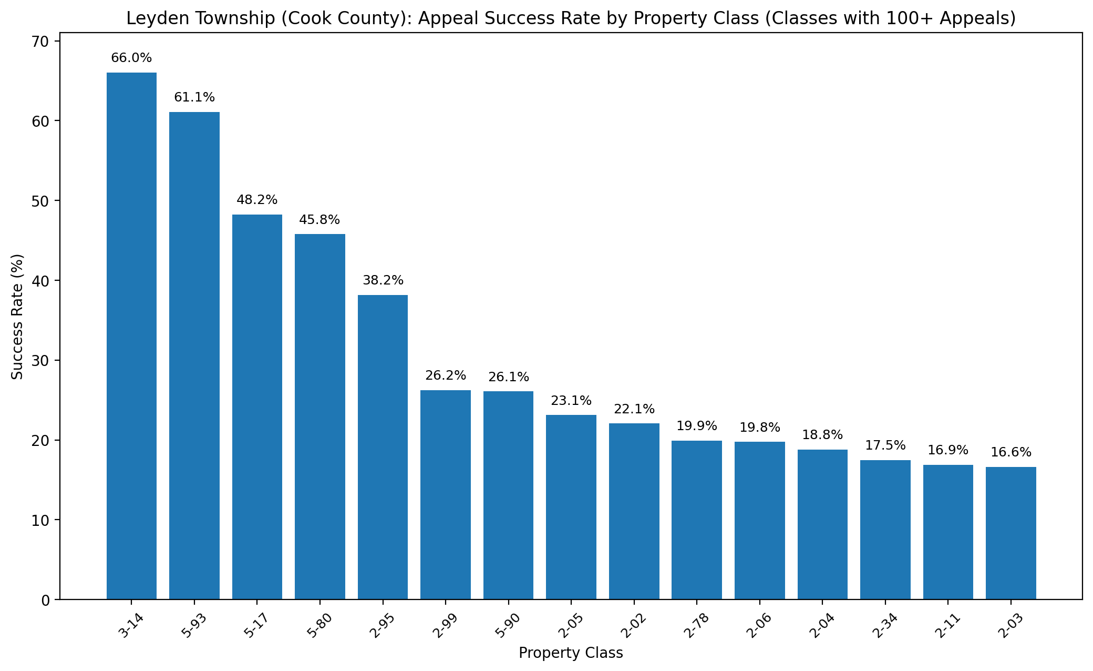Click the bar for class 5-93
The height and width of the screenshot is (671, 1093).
(194, 355)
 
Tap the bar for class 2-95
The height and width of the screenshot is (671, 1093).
(383, 447)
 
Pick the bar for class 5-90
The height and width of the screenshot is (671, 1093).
(508, 495)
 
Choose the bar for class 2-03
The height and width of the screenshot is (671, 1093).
(1010, 533)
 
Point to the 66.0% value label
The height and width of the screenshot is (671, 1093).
(131, 58)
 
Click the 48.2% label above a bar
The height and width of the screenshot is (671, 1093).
(257, 200)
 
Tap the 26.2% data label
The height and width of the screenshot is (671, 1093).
(446, 375)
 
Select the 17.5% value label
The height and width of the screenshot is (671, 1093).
(885, 445)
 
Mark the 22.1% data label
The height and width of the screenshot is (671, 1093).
(634, 409)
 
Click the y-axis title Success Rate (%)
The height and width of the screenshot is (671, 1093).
(18, 317)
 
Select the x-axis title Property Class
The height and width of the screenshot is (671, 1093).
(571, 653)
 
